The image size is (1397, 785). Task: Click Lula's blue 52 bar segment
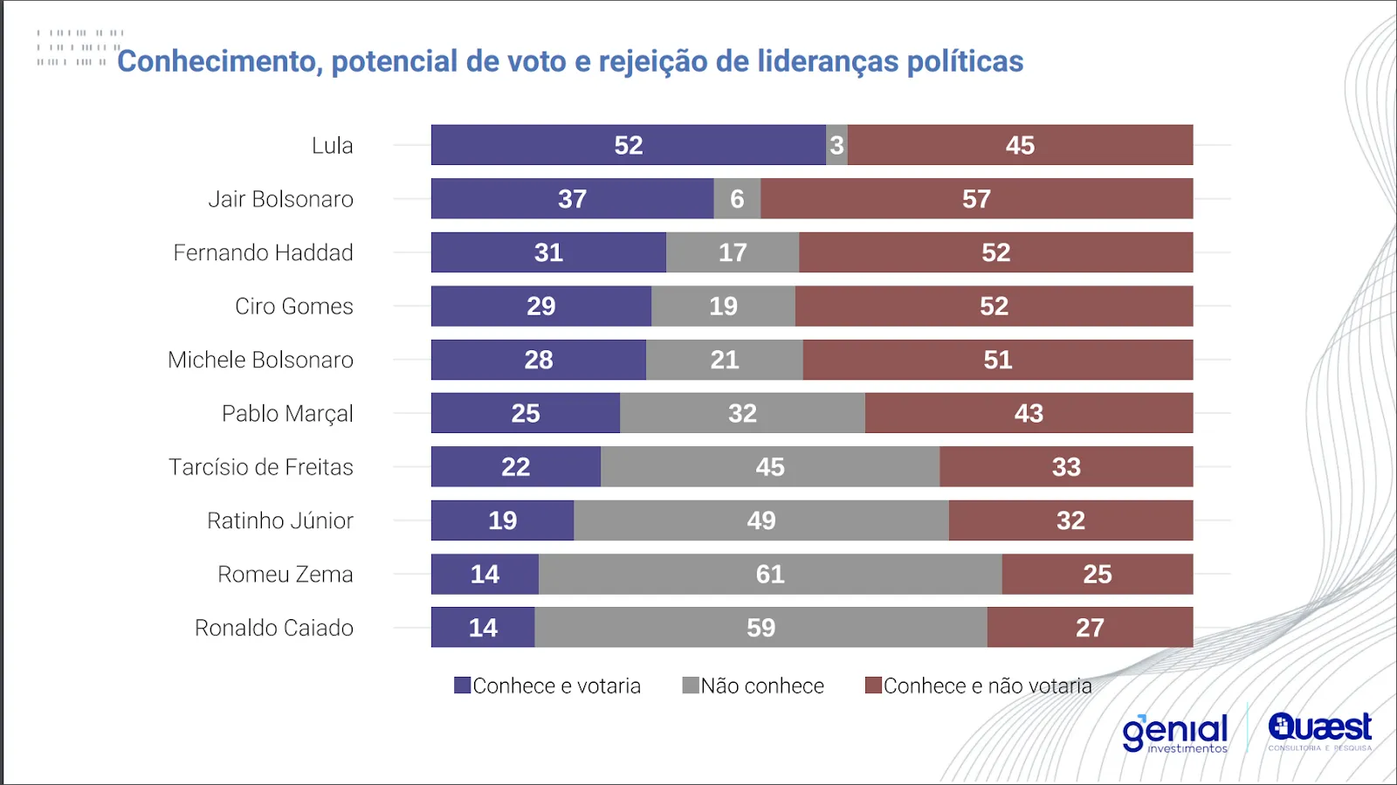tap(628, 145)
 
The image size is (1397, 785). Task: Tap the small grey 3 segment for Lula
tap(836, 145)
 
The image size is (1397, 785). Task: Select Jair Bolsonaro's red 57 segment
tap(976, 199)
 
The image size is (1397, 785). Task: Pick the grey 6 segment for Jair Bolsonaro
tap(737, 199)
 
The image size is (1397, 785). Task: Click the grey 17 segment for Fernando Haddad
tap(732, 252)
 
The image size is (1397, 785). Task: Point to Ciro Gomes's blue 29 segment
tap(540, 306)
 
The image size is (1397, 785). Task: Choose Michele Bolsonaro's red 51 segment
tap(997, 360)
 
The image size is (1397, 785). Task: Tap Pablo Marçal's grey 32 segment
tap(742, 413)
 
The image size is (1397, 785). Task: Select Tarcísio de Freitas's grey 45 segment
tap(769, 467)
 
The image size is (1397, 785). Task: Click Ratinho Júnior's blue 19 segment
tap(502, 520)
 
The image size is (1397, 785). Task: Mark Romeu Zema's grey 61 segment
tap(769, 575)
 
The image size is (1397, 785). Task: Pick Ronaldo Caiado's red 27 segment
tap(1090, 628)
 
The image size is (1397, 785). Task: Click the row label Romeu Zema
tap(286, 575)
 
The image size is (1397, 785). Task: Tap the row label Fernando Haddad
tap(263, 253)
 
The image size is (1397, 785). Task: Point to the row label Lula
tap(332, 146)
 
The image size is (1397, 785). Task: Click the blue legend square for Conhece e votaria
tap(462, 685)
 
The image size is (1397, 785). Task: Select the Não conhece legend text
tap(762, 686)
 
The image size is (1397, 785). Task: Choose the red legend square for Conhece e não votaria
tap(873, 685)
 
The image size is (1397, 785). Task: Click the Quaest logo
tap(1319, 731)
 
